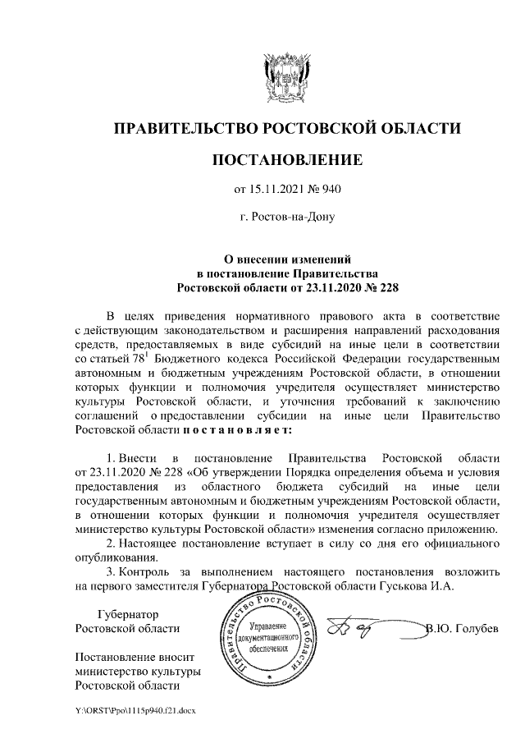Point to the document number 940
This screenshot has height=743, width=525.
[330, 190]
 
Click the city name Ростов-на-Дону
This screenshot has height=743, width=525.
[286, 218]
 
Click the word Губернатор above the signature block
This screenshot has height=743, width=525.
[127, 614]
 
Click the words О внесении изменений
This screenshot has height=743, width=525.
[286, 259]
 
